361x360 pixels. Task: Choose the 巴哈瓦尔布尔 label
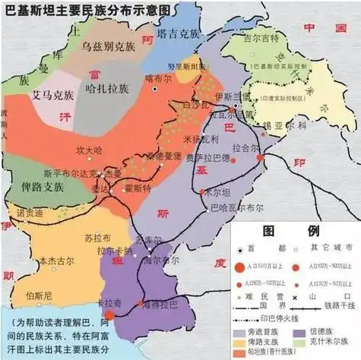231,207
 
